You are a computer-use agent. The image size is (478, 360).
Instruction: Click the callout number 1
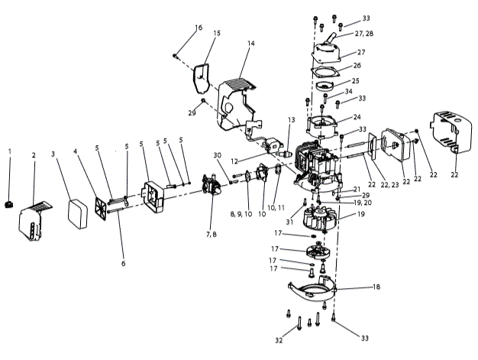pyautogui.click(x=10, y=152)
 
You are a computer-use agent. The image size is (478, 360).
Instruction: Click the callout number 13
pyautogui.click(x=291, y=120)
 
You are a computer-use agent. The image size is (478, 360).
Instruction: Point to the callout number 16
pyautogui.click(x=199, y=28)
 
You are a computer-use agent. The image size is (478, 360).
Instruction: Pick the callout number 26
pyautogui.click(x=356, y=66)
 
